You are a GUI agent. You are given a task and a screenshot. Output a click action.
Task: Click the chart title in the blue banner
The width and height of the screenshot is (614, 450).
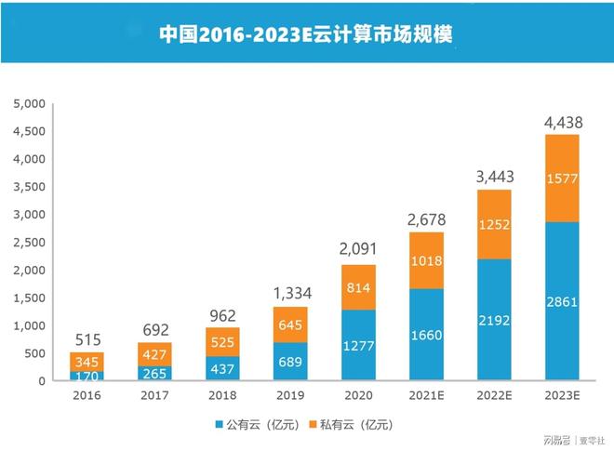coord(306,33)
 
